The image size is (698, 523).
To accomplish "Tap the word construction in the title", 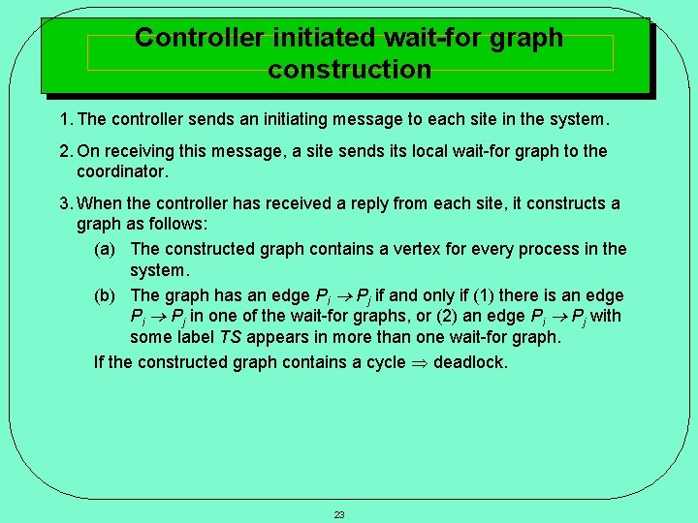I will pos(349,70).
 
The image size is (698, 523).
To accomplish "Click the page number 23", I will pos(339,514).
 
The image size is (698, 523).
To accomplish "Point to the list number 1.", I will pos(64,120).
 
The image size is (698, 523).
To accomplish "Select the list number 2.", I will pos(64,151).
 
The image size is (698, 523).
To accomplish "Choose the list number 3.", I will pos(64,203).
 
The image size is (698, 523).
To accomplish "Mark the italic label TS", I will pos(231,337).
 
